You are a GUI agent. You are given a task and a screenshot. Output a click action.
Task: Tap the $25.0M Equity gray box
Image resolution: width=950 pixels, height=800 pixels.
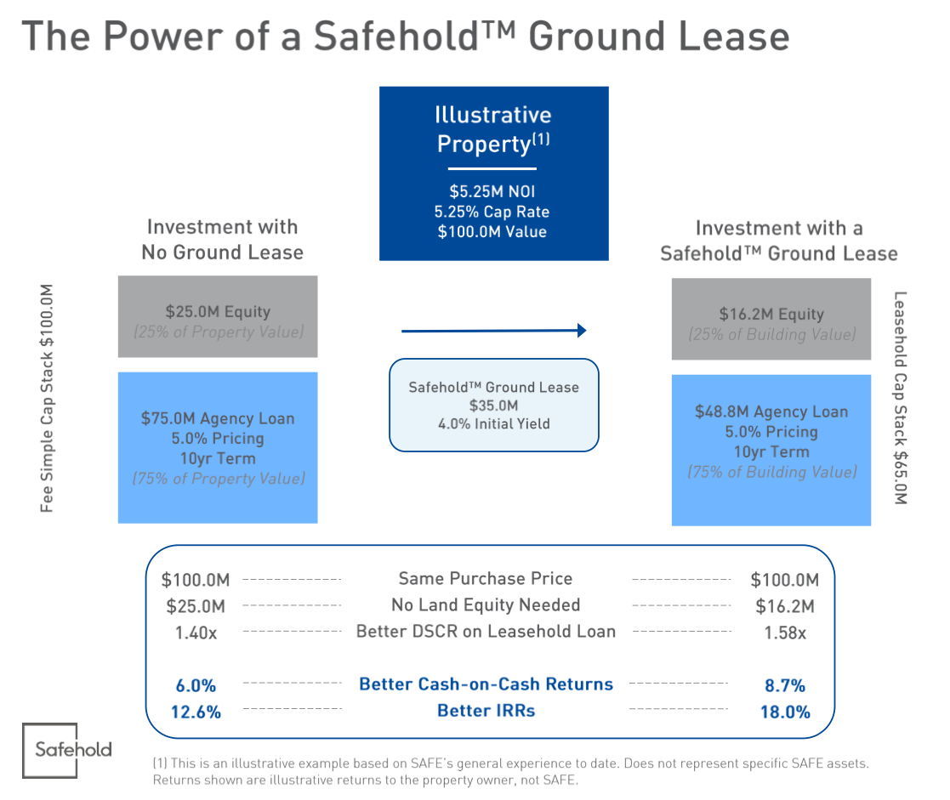pyautogui.click(x=218, y=316)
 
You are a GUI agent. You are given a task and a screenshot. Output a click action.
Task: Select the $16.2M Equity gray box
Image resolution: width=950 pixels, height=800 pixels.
pyautogui.click(x=771, y=319)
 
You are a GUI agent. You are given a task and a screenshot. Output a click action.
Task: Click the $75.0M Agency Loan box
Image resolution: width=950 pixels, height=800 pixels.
pyautogui.click(x=218, y=447)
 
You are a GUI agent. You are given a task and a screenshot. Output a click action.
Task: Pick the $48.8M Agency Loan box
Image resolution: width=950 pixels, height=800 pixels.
pyautogui.click(x=771, y=450)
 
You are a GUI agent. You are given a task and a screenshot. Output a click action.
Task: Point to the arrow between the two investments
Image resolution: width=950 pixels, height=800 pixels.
pyautogui.click(x=493, y=330)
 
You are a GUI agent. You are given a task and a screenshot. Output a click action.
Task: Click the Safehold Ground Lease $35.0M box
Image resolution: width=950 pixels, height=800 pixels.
pyautogui.click(x=493, y=405)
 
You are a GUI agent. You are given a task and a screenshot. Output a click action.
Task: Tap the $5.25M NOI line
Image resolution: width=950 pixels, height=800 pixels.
pyautogui.click(x=493, y=191)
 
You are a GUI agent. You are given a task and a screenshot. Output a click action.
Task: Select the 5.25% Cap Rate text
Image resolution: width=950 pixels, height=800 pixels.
pyautogui.click(x=493, y=212)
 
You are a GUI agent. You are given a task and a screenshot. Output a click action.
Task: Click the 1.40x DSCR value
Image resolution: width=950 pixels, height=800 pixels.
pyautogui.click(x=193, y=632)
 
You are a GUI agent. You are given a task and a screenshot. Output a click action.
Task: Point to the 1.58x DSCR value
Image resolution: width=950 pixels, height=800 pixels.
pyautogui.click(x=785, y=633)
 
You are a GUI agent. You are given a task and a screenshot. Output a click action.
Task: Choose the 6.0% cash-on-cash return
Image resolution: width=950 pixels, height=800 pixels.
pyautogui.click(x=195, y=685)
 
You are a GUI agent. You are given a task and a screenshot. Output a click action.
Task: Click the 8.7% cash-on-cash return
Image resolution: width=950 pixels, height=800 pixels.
pyautogui.click(x=785, y=685)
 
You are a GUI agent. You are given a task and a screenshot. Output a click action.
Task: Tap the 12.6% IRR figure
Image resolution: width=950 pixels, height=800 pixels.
pyautogui.click(x=195, y=712)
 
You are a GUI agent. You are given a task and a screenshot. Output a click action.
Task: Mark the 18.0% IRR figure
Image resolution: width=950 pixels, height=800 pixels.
pyautogui.click(x=785, y=712)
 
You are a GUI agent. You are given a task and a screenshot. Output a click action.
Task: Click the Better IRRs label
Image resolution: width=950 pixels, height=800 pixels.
pyautogui.click(x=486, y=710)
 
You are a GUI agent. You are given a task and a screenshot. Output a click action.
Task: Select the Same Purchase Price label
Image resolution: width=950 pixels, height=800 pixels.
pyautogui.click(x=486, y=579)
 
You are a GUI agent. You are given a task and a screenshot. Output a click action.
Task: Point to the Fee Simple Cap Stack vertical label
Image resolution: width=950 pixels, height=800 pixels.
pyautogui.click(x=48, y=397)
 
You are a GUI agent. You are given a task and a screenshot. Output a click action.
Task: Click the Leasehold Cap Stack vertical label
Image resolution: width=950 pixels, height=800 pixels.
pyautogui.click(x=901, y=397)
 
